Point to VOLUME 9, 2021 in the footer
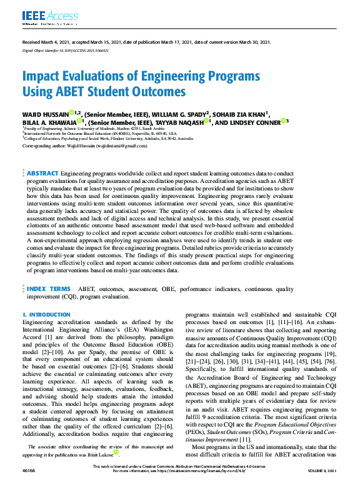click(x=322, y=484)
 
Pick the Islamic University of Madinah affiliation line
click(x=88, y=128)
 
